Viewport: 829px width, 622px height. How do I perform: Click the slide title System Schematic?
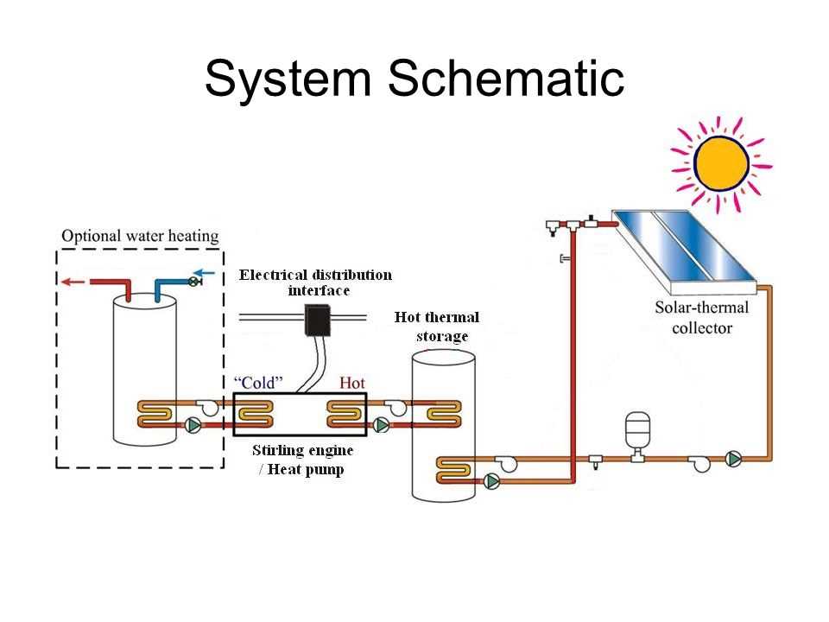(x=414, y=79)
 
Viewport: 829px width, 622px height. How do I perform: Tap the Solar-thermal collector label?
(x=700, y=317)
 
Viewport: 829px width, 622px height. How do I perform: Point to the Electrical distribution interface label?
(x=315, y=282)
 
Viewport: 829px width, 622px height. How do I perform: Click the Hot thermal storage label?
(x=437, y=327)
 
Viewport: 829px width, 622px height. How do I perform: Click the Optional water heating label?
(x=140, y=235)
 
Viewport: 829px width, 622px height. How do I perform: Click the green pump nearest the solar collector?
(x=733, y=459)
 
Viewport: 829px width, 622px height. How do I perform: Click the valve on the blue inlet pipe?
(x=193, y=281)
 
